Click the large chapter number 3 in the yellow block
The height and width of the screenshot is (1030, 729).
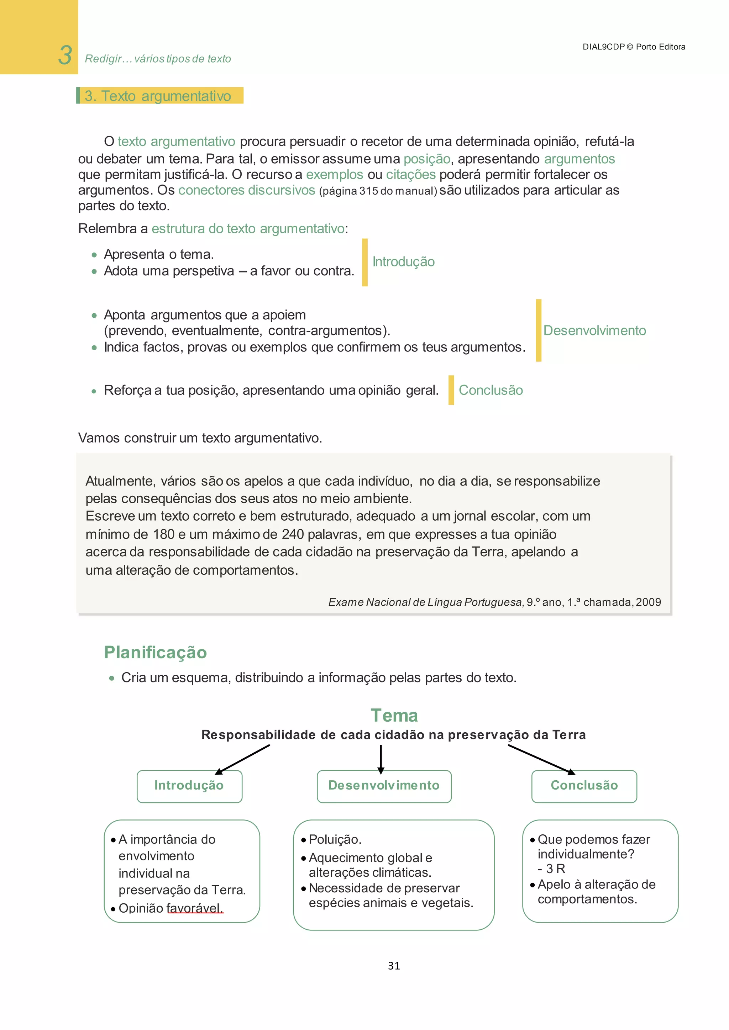point(65,55)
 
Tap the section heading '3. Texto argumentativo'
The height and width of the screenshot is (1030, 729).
point(158,96)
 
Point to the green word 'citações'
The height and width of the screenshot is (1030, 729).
point(410,175)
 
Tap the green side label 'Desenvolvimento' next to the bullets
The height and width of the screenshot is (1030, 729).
point(594,331)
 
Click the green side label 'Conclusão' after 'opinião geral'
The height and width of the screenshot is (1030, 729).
point(490,390)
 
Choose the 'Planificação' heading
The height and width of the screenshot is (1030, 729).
point(155,652)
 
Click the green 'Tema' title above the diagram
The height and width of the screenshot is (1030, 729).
point(394,715)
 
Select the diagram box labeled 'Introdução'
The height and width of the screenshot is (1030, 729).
point(189,786)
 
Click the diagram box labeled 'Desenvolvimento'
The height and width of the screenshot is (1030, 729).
point(384,786)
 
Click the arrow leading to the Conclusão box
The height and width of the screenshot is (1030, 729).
point(541,759)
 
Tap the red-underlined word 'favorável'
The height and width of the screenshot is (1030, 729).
point(194,908)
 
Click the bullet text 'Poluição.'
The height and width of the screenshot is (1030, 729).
point(335,839)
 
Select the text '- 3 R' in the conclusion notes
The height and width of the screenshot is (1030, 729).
point(551,869)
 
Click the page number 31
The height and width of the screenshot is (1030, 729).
point(394,966)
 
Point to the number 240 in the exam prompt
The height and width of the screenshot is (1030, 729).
point(292,534)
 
